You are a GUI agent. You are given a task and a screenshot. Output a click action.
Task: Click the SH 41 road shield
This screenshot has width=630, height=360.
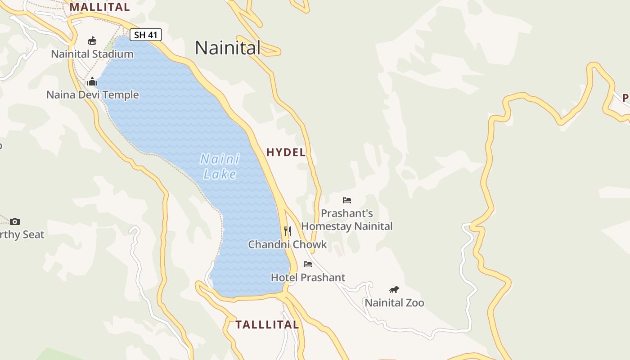pos(145,35)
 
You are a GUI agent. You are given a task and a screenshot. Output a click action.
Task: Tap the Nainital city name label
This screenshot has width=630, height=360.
pos(228,48)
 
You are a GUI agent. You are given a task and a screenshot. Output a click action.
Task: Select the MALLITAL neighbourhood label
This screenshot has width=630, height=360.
pos(99,7)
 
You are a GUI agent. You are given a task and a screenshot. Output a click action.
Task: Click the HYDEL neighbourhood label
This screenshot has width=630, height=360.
pos(286,153)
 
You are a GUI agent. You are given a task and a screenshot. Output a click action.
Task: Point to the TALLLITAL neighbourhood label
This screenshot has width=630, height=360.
pos(267,325)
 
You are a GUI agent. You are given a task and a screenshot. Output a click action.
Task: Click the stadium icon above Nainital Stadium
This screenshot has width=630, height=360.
pos(92,41)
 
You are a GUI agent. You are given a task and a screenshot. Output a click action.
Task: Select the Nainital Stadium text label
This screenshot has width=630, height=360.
pos(92,54)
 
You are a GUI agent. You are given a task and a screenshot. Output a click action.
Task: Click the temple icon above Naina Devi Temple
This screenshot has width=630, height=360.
pos(92,81)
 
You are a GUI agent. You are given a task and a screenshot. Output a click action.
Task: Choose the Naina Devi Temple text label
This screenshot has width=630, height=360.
pos(93,95)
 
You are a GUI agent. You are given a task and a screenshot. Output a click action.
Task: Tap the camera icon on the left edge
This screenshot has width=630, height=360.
pos(15,221)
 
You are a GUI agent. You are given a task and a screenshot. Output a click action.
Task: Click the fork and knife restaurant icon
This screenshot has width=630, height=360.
pos(288,231)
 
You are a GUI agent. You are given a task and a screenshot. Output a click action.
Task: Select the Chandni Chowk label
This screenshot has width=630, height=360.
pos(288,244)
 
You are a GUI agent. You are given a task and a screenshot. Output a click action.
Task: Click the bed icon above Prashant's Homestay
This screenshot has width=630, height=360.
pos(346,200)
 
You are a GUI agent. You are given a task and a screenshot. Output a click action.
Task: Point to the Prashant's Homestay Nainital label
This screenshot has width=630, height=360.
pos(347,220)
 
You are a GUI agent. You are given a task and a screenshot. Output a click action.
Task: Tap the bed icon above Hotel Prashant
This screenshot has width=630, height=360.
pos(308,264)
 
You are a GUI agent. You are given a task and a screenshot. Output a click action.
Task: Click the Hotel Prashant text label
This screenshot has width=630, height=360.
pos(308,277)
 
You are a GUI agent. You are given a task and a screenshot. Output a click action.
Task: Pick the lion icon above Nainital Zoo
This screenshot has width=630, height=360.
pos(394,289)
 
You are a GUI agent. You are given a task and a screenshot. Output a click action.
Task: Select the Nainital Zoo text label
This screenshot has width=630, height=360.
pos(394,303)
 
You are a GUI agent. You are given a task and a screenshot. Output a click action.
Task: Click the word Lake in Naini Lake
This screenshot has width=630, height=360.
pos(220,174)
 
